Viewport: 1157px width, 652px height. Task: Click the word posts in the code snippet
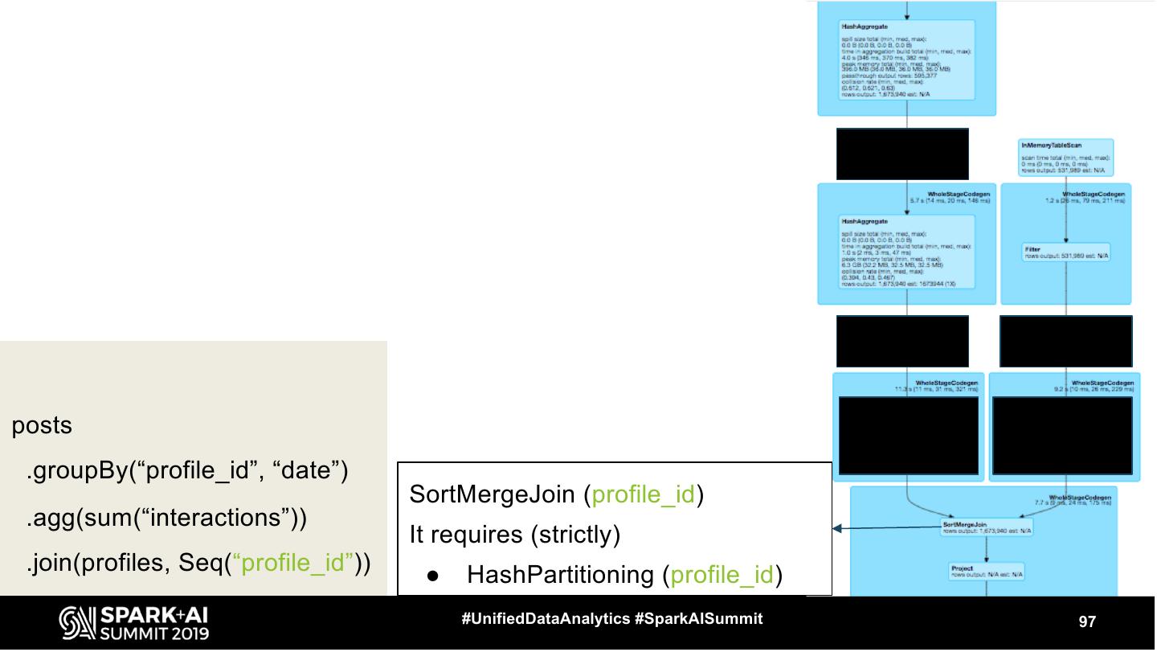pyautogui.click(x=42, y=426)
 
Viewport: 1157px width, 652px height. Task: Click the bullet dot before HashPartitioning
pyautogui.click(x=431, y=576)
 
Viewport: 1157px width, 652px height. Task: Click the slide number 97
pyautogui.click(x=1087, y=621)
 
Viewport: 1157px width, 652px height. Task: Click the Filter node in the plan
pyautogui.click(x=1065, y=252)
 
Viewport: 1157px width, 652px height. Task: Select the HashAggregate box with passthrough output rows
pyautogui.click(x=906, y=60)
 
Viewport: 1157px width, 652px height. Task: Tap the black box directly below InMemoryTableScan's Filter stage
pyautogui.click(x=1065, y=341)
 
